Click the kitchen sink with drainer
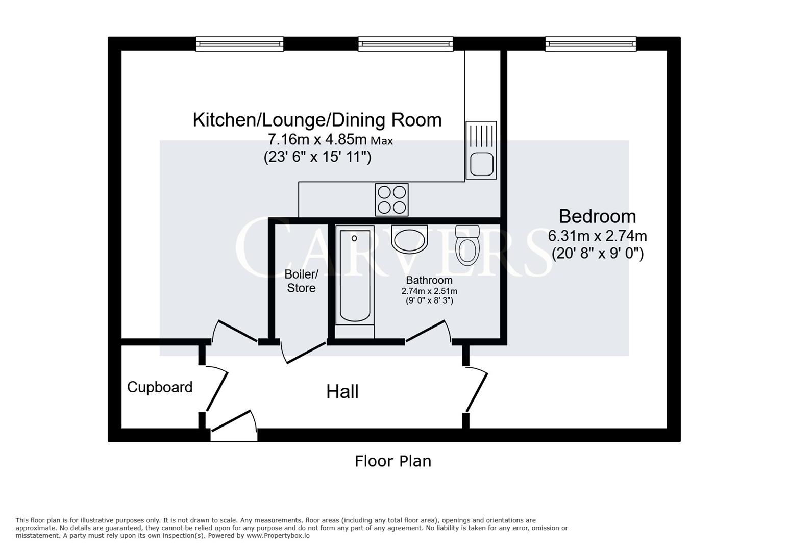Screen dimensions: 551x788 [481, 150]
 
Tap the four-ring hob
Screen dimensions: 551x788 [391, 199]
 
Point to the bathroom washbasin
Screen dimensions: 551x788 [409, 239]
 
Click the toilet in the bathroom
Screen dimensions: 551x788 [467, 245]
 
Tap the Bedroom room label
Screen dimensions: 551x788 [597, 216]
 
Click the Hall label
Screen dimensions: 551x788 [342, 392]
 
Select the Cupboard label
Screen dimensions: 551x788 [160, 387]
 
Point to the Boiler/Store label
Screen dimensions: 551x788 [301, 281]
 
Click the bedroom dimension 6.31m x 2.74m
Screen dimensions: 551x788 [597, 236]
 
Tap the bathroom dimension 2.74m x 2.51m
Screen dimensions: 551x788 [429, 291]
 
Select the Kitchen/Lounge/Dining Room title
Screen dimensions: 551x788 [317, 120]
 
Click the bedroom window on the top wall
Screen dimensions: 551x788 [590, 44]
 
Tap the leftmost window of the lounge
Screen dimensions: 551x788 [239, 44]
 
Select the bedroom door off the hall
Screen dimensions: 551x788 [476, 392]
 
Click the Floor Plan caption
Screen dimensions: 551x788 [393, 461]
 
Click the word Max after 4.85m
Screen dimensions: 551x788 [382, 141]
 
